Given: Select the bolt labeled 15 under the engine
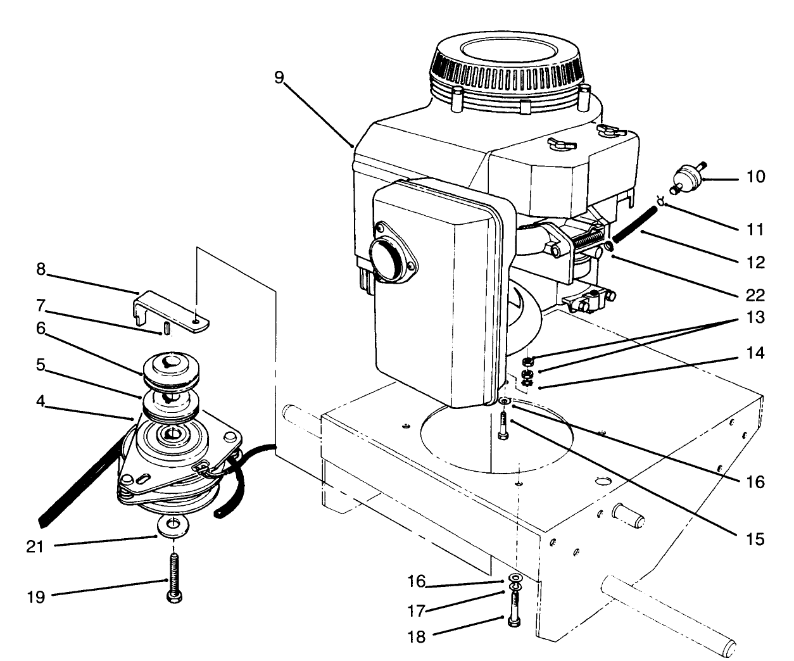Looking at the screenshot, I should pos(503,426).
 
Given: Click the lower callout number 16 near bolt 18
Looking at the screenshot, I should pos(415,581).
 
